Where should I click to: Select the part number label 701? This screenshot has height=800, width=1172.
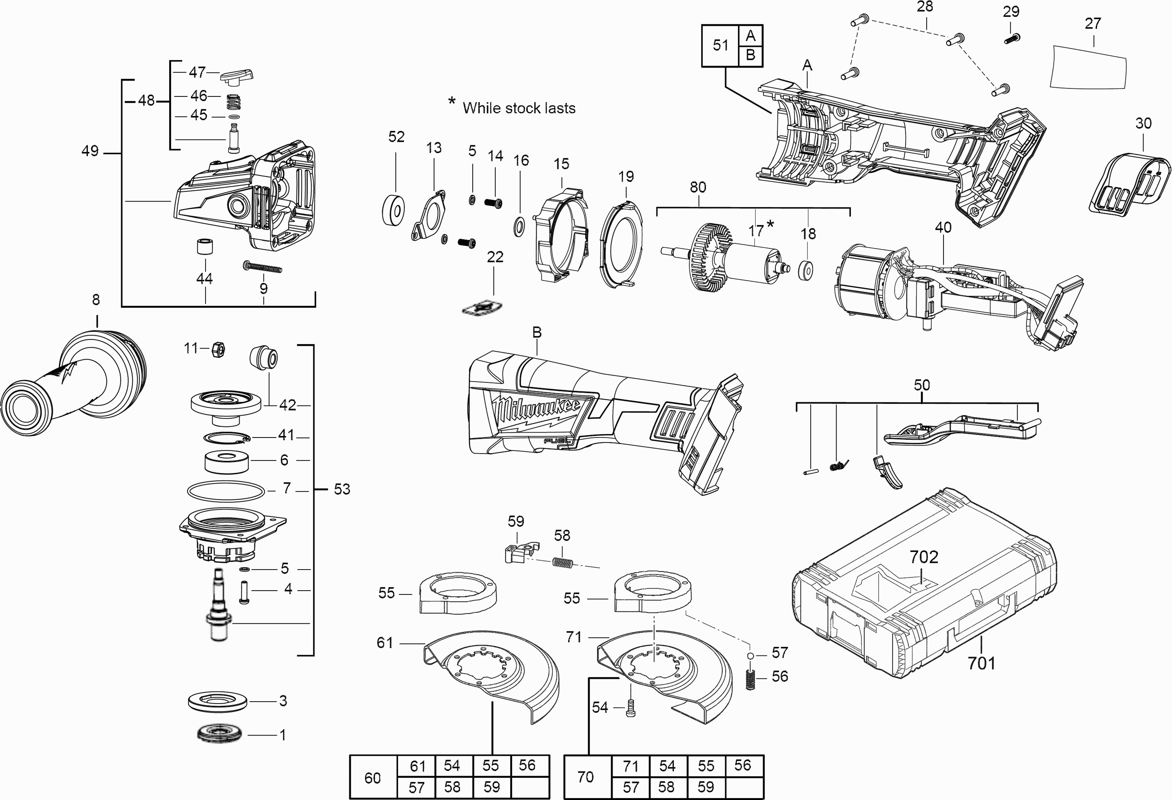(981, 662)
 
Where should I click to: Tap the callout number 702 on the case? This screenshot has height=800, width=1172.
(924, 557)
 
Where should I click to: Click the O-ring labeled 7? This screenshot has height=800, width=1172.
(225, 491)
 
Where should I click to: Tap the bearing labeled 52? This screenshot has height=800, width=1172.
(393, 208)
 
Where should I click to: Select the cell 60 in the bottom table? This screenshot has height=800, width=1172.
(373, 777)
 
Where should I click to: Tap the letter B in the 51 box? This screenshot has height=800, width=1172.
(750, 55)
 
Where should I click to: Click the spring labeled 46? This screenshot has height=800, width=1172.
(233, 102)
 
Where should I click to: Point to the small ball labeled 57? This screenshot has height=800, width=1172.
(750, 655)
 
